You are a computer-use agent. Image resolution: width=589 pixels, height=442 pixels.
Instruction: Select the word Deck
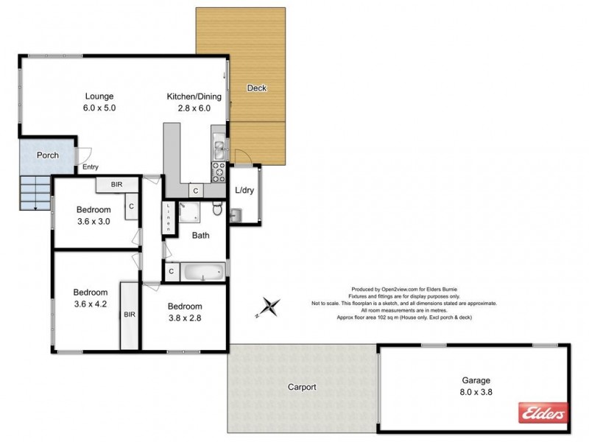(256, 88)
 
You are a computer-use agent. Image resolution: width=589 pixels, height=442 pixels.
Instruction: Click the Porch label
(48, 155)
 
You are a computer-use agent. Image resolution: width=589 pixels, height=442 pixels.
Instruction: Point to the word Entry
(91, 167)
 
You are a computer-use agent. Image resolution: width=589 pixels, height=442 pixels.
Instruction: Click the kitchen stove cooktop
(219, 172)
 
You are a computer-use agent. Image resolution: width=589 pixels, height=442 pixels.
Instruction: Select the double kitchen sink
(219, 149)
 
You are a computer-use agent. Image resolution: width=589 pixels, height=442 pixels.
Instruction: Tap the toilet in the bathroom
(217, 211)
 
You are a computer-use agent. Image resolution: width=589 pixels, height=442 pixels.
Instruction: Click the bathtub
(202, 273)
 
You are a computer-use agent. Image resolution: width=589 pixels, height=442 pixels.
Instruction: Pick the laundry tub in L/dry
(235, 214)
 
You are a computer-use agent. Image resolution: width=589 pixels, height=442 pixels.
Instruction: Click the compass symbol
(270, 307)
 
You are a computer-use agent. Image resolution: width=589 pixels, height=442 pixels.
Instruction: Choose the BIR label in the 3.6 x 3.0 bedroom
(116, 185)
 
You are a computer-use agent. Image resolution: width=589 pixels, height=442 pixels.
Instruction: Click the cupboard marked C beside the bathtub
(171, 272)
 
